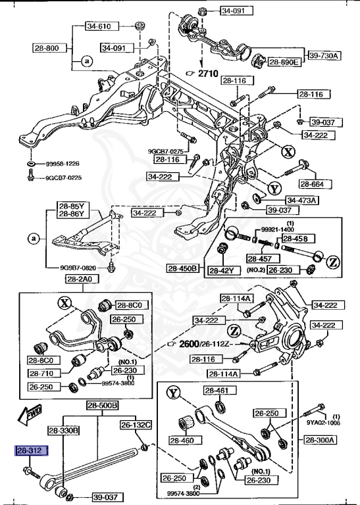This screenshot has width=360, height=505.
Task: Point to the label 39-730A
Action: [323, 56]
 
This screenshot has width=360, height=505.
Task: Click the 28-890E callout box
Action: [284, 62]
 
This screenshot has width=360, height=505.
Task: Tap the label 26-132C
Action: [136, 425]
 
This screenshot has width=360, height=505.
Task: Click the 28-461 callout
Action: [215, 391]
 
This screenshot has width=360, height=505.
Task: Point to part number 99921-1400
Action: [274, 230]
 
